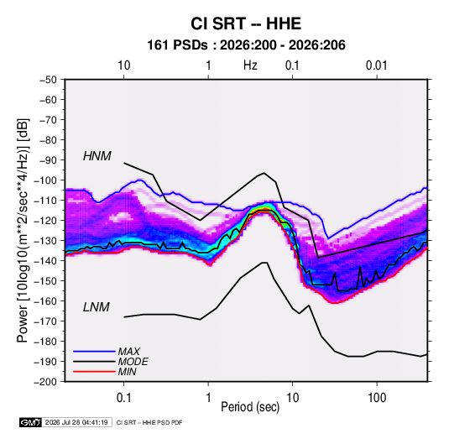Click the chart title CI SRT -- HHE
click(x=246, y=24)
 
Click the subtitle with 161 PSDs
click(x=246, y=45)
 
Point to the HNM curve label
click(x=97, y=156)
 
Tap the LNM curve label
click(x=97, y=307)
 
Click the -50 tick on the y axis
click(x=49, y=80)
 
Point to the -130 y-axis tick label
click(x=45, y=241)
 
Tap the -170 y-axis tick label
click(x=45, y=321)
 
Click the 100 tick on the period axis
click(x=377, y=398)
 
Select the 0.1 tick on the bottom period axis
click(x=123, y=398)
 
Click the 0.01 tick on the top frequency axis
click(x=377, y=65)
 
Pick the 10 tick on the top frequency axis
click(x=124, y=65)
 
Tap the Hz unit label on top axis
click(x=250, y=65)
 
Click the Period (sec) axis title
click(x=250, y=407)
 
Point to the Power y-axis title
click(x=23, y=230)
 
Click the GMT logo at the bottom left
click(x=31, y=422)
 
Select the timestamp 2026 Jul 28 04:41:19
click(x=76, y=422)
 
